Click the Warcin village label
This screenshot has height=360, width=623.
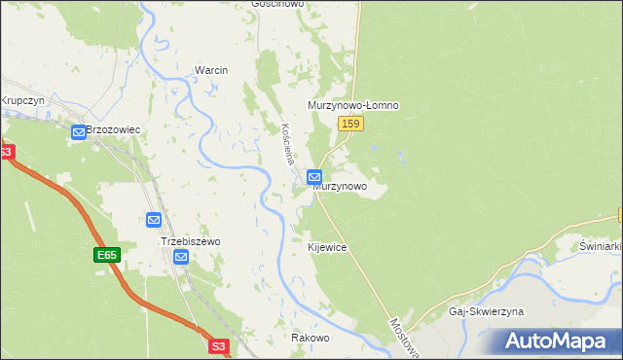click(x=211, y=71)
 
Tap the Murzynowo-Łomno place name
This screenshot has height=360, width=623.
click(x=354, y=105)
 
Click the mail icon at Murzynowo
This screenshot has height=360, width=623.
click(x=314, y=176)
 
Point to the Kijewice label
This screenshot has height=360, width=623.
click(x=327, y=248)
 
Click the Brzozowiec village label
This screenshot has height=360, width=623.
click(x=114, y=128)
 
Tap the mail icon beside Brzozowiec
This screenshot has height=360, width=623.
click(x=78, y=132)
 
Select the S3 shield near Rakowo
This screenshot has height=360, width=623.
click(x=220, y=344)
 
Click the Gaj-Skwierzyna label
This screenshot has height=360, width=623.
click(x=486, y=311)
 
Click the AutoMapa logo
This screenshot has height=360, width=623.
click(x=559, y=341)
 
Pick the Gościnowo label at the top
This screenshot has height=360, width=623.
click(x=277, y=4)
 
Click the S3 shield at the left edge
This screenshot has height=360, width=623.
click(x=6, y=153)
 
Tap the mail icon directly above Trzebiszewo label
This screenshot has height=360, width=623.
click(x=154, y=221)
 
